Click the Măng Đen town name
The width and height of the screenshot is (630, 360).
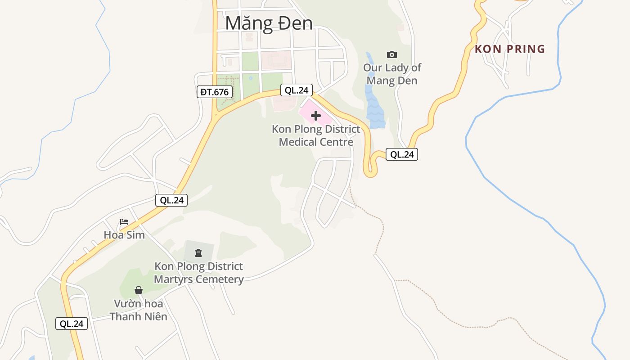[269, 23]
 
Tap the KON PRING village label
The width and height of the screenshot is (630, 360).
[510, 49]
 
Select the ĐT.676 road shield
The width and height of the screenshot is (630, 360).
[215, 92]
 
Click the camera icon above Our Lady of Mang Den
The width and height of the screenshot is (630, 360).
[392, 54]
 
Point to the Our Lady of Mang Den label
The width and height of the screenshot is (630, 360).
[392, 74]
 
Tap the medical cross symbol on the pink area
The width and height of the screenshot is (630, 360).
[316, 116]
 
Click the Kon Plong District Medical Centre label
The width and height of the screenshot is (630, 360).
[316, 135]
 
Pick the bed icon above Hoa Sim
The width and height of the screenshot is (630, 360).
[124, 222]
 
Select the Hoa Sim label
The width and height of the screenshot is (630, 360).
[124, 235]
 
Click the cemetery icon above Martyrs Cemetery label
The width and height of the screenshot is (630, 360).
[198, 253]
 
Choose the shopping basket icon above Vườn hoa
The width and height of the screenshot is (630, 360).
[139, 290]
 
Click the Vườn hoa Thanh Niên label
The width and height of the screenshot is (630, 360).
[139, 310]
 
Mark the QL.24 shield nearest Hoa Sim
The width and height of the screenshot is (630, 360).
[171, 200]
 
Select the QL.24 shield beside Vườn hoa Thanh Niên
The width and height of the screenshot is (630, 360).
[72, 324]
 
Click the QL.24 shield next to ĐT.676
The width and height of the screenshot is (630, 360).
[297, 90]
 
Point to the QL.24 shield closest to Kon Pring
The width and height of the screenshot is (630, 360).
[402, 154]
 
